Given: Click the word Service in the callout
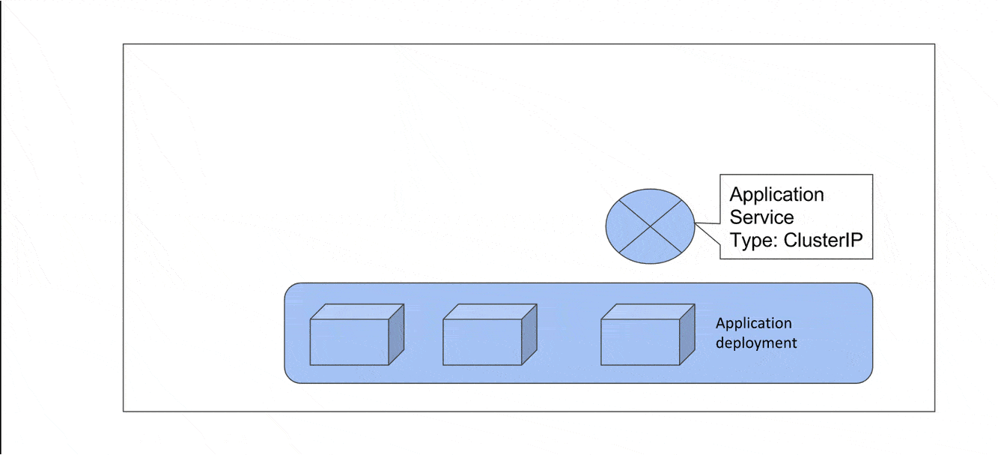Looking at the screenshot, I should click(x=761, y=217).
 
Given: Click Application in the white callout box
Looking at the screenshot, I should click(x=776, y=195).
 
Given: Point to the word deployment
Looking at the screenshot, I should click(x=756, y=343).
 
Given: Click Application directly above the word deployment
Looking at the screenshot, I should click(x=753, y=324).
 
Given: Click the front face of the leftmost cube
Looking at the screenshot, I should click(x=350, y=342).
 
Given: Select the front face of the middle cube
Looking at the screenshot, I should click(x=482, y=342).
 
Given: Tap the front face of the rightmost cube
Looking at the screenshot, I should click(x=641, y=342).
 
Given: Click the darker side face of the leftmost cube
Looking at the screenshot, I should click(x=397, y=334).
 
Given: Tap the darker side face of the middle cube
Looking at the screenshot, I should click(x=529, y=334).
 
